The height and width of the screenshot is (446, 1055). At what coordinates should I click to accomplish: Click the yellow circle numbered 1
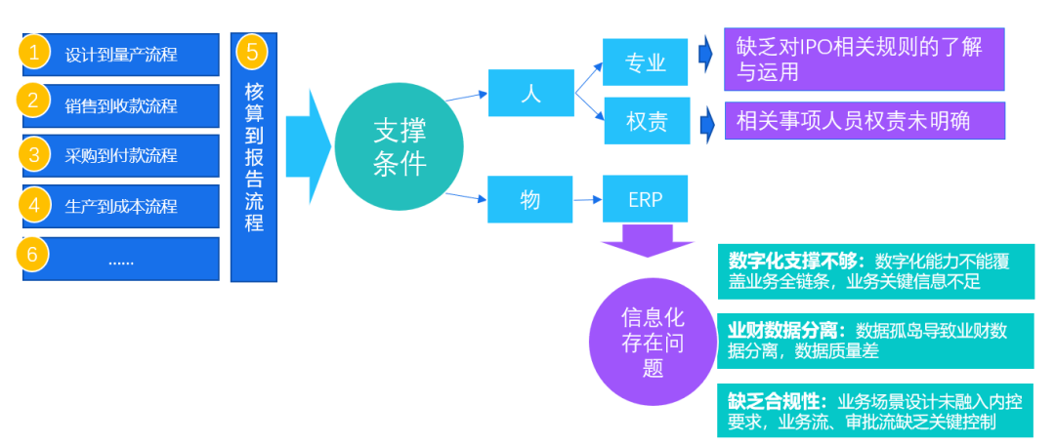(x=35, y=53)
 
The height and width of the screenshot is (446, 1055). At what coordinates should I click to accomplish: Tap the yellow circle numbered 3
(x=35, y=154)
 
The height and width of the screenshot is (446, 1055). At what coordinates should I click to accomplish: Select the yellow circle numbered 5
(x=252, y=52)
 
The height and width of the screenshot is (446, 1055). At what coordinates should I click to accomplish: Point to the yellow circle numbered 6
(x=35, y=255)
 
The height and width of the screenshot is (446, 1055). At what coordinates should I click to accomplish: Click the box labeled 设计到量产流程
(x=121, y=55)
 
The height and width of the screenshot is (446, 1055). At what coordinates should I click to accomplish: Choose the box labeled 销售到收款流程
(x=121, y=104)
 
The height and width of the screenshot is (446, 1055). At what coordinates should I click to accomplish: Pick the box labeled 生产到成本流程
(x=121, y=206)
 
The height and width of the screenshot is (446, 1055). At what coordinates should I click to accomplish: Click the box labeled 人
(x=530, y=94)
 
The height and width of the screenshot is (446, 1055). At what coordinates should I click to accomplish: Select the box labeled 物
(x=530, y=199)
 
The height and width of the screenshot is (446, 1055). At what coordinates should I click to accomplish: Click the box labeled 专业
(x=646, y=63)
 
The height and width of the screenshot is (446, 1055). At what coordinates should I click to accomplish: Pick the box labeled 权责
(x=646, y=121)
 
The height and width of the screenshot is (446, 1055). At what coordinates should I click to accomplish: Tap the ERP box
(x=646, y=199)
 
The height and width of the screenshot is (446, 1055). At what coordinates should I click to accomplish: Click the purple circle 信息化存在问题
(x=653, y=343)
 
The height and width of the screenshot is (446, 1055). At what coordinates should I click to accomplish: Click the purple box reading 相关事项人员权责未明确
(x=865, y=121)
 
